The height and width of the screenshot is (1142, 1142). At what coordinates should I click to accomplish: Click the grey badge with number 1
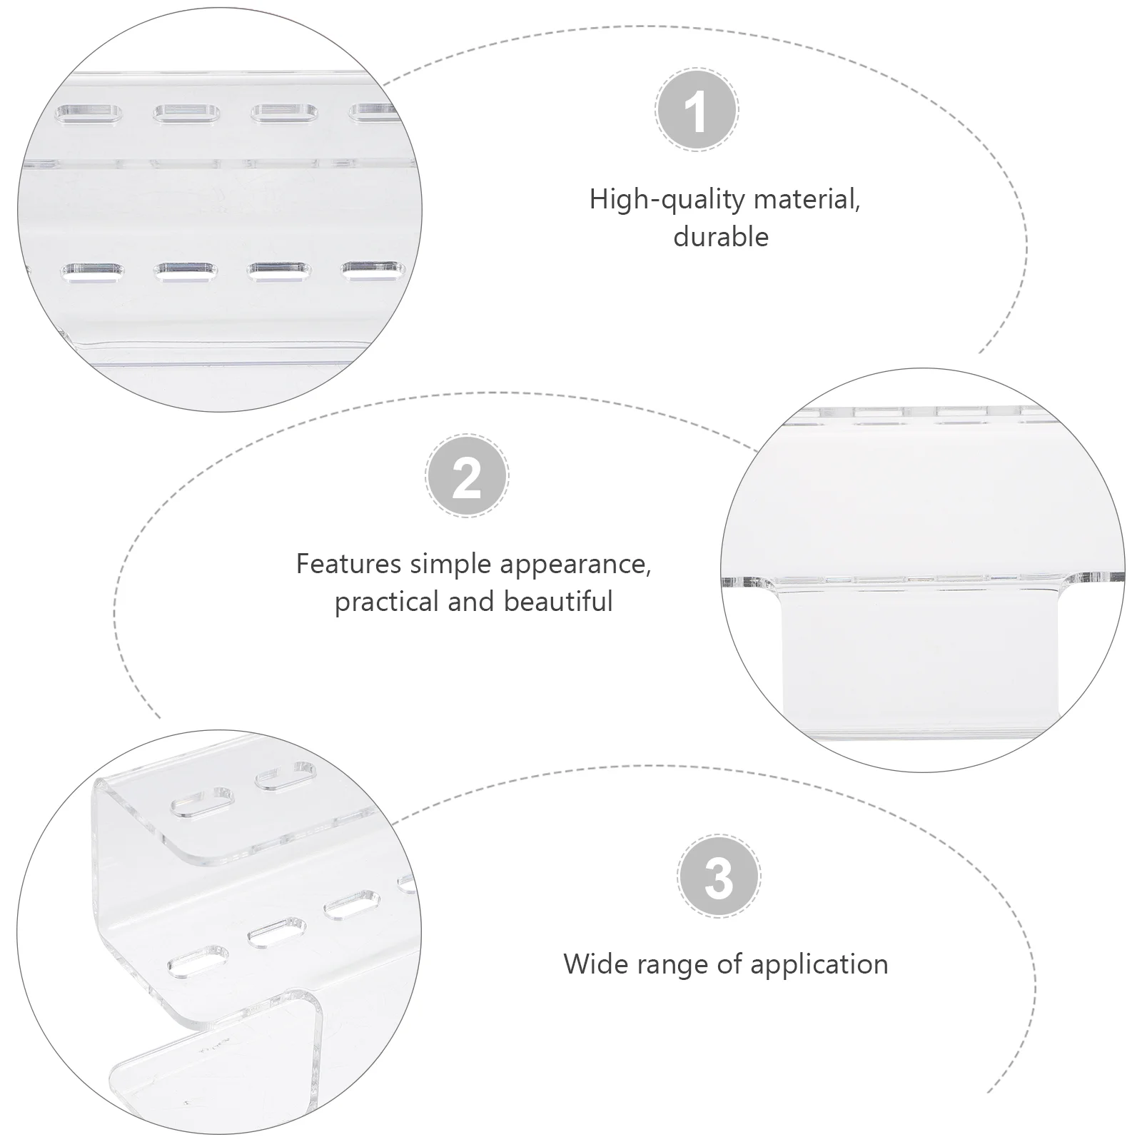coord(697,109)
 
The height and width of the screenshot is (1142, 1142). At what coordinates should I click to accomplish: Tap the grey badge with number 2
coord(467,475)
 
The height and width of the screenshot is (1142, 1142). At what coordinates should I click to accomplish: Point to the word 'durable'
coord(721,237)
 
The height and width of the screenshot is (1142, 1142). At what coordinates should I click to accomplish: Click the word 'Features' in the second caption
coord(349,564)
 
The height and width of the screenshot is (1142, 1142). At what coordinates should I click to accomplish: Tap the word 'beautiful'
coord(558,601)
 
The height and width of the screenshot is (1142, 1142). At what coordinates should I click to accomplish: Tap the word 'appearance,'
coord(575,565)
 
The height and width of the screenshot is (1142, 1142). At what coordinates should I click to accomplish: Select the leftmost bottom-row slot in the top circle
coord(92,272)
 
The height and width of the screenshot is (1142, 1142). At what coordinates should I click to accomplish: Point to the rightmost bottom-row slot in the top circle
coord(373,270)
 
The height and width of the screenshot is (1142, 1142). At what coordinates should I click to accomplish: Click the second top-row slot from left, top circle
coord(186,113)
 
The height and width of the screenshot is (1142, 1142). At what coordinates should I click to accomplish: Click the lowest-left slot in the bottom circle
coord(198,961)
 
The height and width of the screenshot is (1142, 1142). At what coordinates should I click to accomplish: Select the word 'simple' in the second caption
coord(451,565)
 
